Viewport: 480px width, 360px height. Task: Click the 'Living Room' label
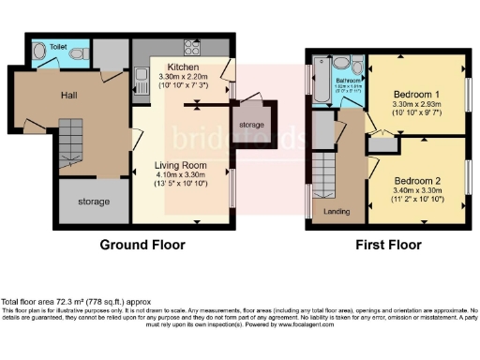[x=181, y=165]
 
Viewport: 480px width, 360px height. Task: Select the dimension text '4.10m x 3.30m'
[x=180, y=175]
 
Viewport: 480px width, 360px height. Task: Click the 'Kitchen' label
[x=183, y=67]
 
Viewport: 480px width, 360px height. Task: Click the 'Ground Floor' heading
[x=142, y=245]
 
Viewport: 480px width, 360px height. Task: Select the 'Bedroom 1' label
[x=416, y=94]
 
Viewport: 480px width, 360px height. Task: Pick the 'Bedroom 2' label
[x=417, y=180]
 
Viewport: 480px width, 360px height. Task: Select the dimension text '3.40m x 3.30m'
[x=417, y=190]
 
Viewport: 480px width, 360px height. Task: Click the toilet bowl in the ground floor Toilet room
[x=42, y=50]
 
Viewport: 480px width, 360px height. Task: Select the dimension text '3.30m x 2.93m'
[x=416, y=104]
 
